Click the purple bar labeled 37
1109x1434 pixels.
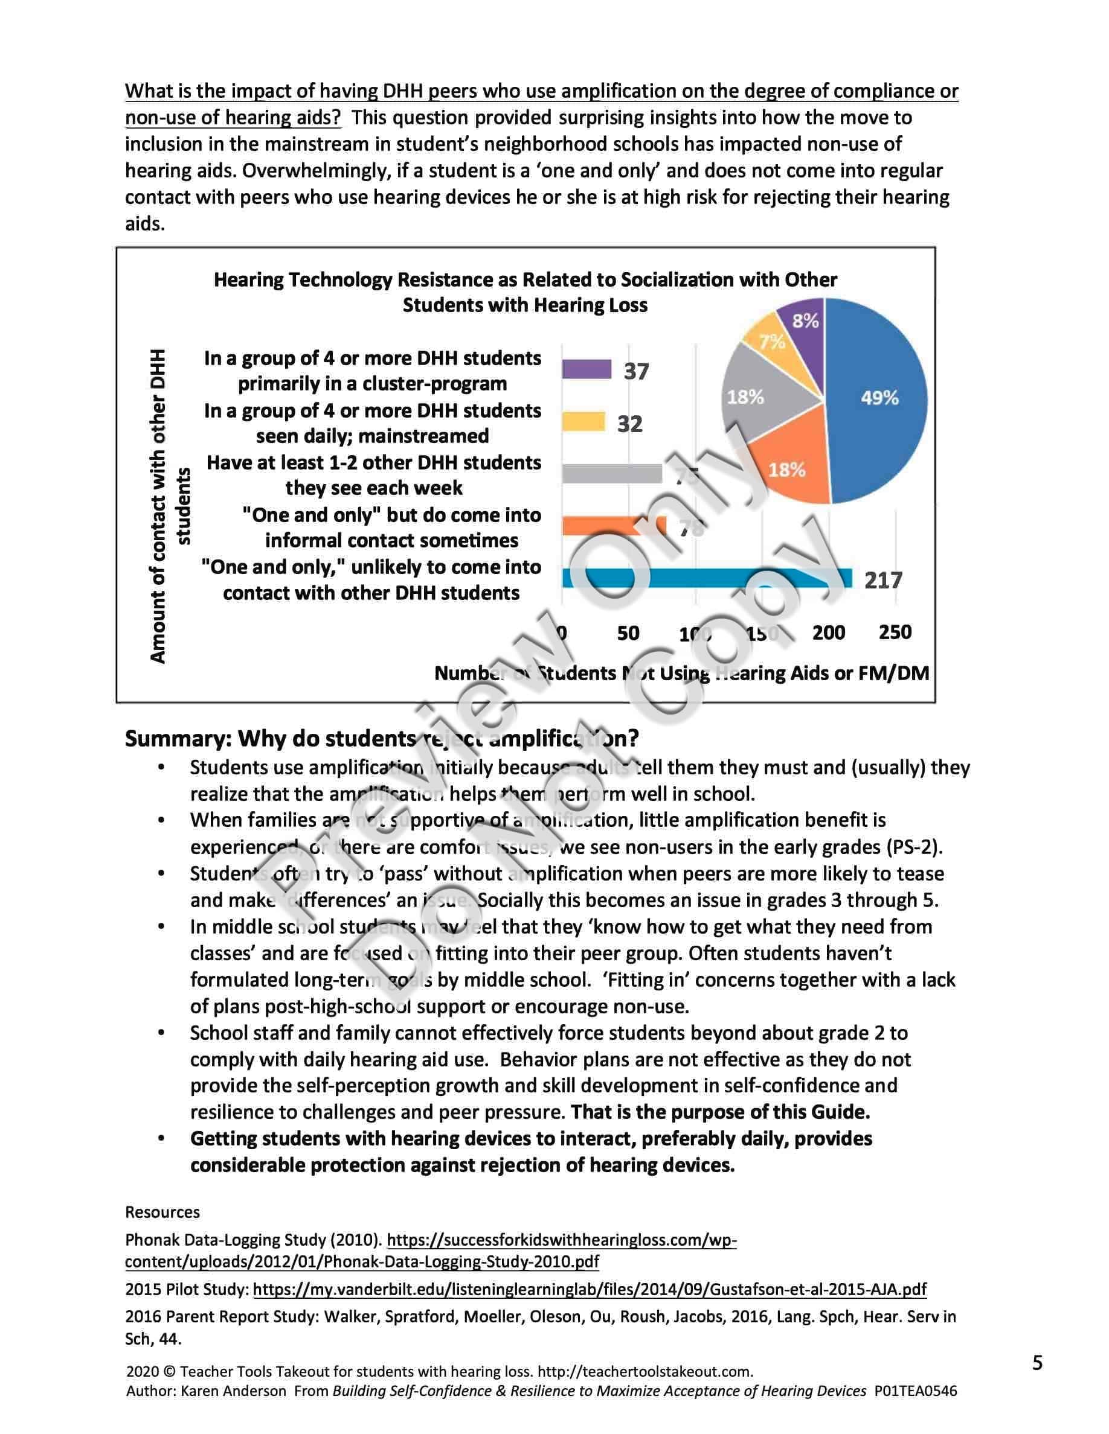587,369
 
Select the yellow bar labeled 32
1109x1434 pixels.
583,421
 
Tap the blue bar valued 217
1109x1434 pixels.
707,578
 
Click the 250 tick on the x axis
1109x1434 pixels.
895,633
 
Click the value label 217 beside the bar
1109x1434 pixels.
883,581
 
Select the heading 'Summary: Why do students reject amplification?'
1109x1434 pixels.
381,739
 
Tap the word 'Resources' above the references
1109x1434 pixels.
162,1212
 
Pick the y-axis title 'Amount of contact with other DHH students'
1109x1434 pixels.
169,506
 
